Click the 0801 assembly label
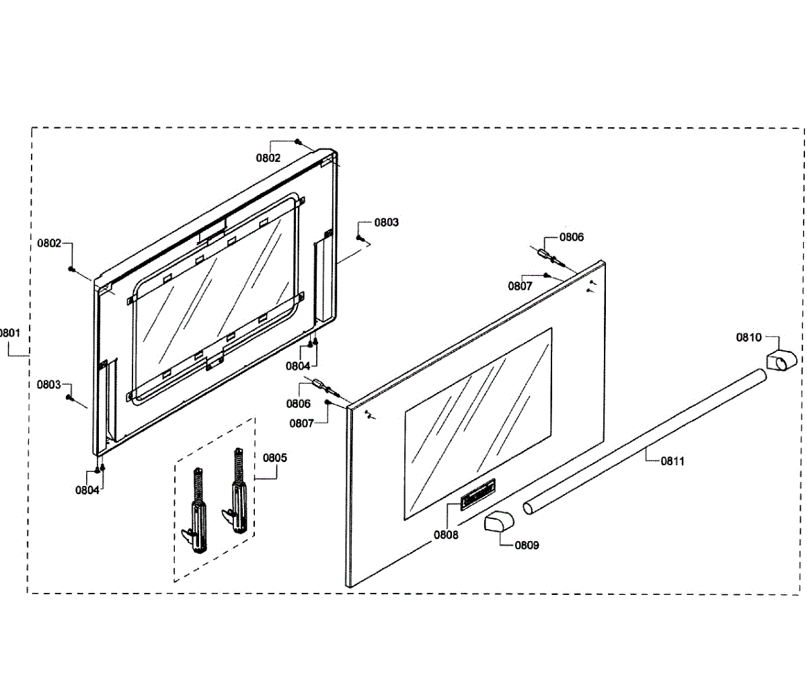click(9, 332)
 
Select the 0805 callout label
click(274, 458)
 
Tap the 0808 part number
click(446, 535)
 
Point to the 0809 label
click(527, 545)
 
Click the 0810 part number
click(748, 337)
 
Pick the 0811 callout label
click(672, 461)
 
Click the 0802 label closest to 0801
click(49, 243)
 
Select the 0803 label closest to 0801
click(48, 385)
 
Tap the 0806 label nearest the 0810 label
click(572, 237)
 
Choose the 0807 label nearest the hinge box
click(301, 424)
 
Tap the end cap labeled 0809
click(498, 523)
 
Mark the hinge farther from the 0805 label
click(196, 510)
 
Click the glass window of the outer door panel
click(477, 424)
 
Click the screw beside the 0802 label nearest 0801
click(71, 269)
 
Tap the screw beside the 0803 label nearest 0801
click(69, 397)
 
